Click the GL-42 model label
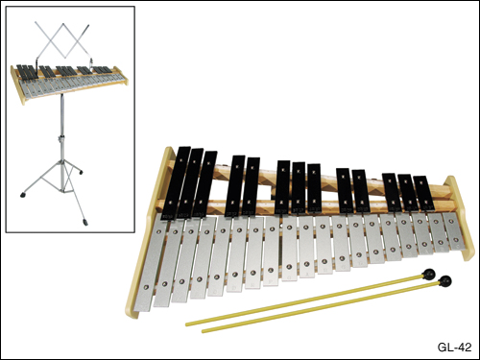coord(454,348)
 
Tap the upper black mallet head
coord(428,274)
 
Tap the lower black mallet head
coord(445,281)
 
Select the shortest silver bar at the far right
coord(452,231)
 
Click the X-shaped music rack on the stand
coord(62,40)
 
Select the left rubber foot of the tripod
coord(23,195)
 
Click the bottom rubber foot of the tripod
coord(85,222)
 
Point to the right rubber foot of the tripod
coord(81,172)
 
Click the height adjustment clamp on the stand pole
coord(60,140)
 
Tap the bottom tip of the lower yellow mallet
coord(203,331)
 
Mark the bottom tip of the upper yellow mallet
coord(187,324)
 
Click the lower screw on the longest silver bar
coord(147,287)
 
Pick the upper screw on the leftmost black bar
coord(180,160)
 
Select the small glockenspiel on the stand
coord(69,84)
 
